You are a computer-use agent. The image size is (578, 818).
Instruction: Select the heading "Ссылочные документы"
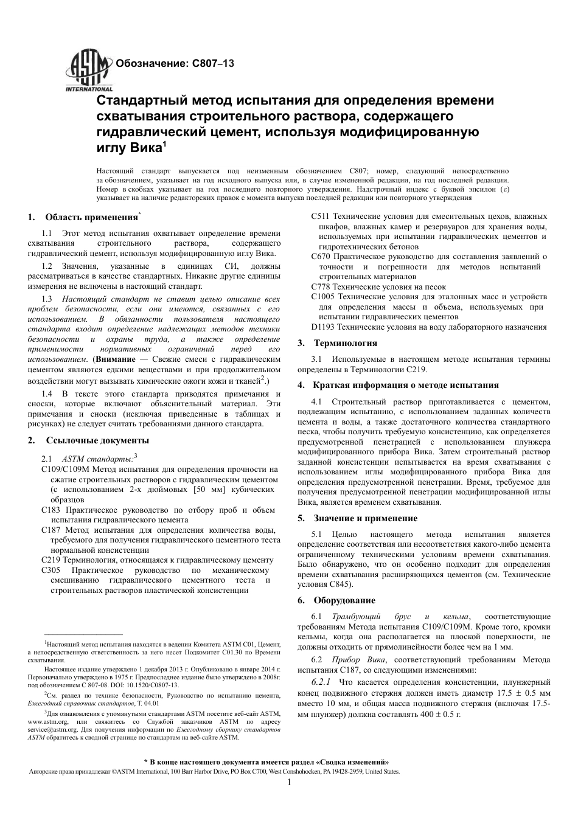tap(97, 440)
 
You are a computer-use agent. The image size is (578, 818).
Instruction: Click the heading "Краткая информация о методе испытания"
tap(406, 385)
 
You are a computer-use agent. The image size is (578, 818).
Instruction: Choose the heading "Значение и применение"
tap(366, 518)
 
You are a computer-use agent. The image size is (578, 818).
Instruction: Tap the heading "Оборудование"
tap(344, 600)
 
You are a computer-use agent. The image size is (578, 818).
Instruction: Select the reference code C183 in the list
tap(50, 510)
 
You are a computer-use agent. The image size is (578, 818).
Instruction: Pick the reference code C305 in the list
tap(50, 570)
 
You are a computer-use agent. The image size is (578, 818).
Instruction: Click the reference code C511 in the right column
tap(320, 217)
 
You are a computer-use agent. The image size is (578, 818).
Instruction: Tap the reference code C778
tap(320, 287)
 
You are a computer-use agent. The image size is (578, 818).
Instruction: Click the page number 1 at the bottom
tap(290, 783)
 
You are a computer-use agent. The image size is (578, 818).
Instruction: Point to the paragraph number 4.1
tap(317, 402)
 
